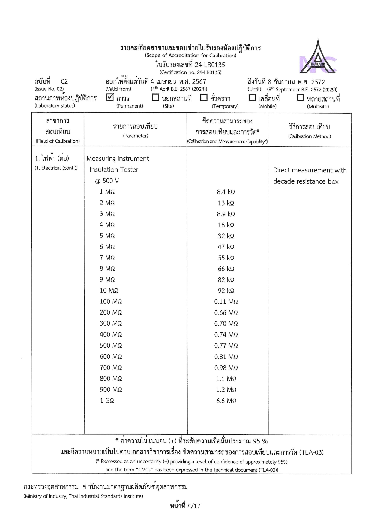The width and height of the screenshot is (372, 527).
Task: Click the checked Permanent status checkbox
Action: coord(110,97)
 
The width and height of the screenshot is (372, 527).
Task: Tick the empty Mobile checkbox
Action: coord(252,98)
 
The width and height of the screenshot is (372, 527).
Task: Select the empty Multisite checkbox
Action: coord(300,98)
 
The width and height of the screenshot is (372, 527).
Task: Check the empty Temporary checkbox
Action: coord(204,97)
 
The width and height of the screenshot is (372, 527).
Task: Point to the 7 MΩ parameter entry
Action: coord(107,258)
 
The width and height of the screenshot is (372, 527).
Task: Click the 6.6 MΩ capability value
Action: coord(226,401)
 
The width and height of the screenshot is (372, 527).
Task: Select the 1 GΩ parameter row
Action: coord(107,401)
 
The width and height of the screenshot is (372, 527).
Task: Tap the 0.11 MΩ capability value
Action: coord(226,302)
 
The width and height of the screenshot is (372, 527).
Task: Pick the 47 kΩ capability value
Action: coord(226,247)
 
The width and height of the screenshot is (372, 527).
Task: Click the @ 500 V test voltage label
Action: coord(107,181)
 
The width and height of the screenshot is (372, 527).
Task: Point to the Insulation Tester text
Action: coord(114,170)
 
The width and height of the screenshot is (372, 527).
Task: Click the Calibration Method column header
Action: coord(310,131)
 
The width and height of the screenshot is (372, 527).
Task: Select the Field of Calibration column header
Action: coord(58,131)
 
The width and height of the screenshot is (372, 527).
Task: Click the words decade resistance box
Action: coord(306,181)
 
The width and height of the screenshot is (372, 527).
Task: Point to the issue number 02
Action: coord(64,81)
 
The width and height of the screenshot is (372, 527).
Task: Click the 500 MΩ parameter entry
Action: coord(111,346)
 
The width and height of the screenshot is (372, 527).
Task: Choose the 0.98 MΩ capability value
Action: coord(226,368)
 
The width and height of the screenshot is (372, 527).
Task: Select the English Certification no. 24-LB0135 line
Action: coord(190,72)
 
